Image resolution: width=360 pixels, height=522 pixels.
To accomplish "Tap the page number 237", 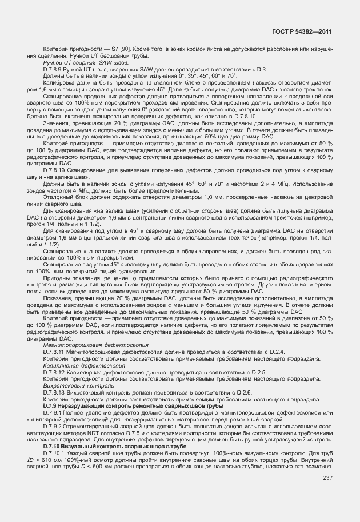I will coord(327,478).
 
